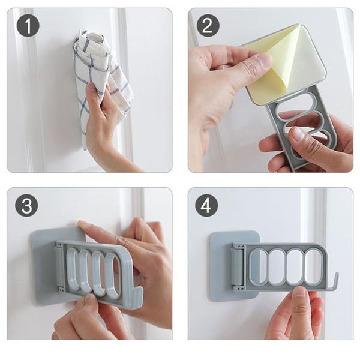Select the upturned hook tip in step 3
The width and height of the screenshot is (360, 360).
[136, 297]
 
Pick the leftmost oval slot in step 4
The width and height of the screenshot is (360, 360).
[259, 265]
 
